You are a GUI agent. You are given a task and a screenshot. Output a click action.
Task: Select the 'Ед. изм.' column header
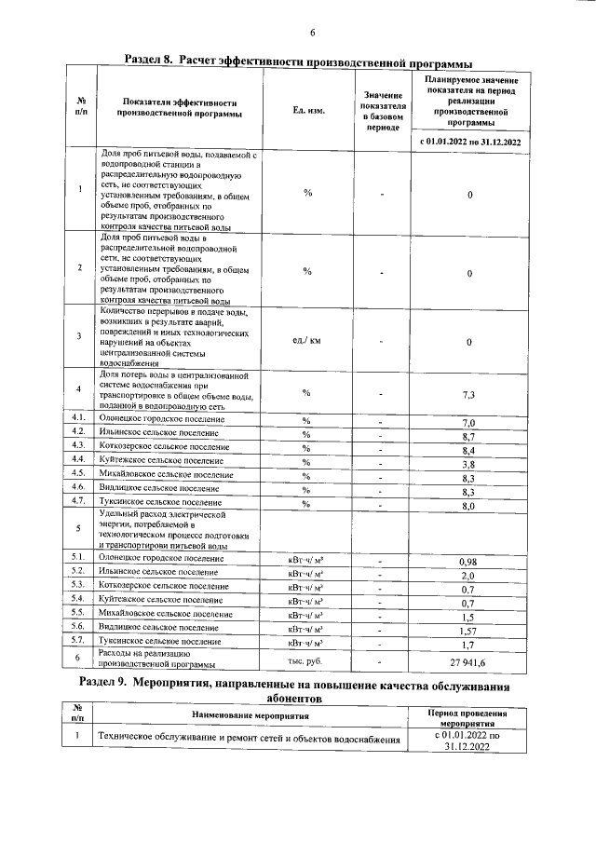click(308, 111)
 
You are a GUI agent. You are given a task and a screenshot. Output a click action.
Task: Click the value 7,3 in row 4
click(469, 394)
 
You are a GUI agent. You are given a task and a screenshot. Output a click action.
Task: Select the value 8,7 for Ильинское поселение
click(469, 436)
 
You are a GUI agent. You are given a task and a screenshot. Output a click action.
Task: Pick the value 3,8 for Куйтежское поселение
click(469, 463)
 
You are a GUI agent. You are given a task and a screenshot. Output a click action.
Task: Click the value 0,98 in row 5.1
click(469, 562)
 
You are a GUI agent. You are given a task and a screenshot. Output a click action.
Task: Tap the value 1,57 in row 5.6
click(469, 631)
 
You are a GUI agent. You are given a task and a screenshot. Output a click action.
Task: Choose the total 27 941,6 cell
click(469, 660)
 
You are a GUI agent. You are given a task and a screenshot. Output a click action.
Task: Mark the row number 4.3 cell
click(80, 447)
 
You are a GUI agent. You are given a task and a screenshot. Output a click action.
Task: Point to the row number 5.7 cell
click(80, 643)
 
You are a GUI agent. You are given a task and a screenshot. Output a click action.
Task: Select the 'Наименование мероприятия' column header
click(251, 715)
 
